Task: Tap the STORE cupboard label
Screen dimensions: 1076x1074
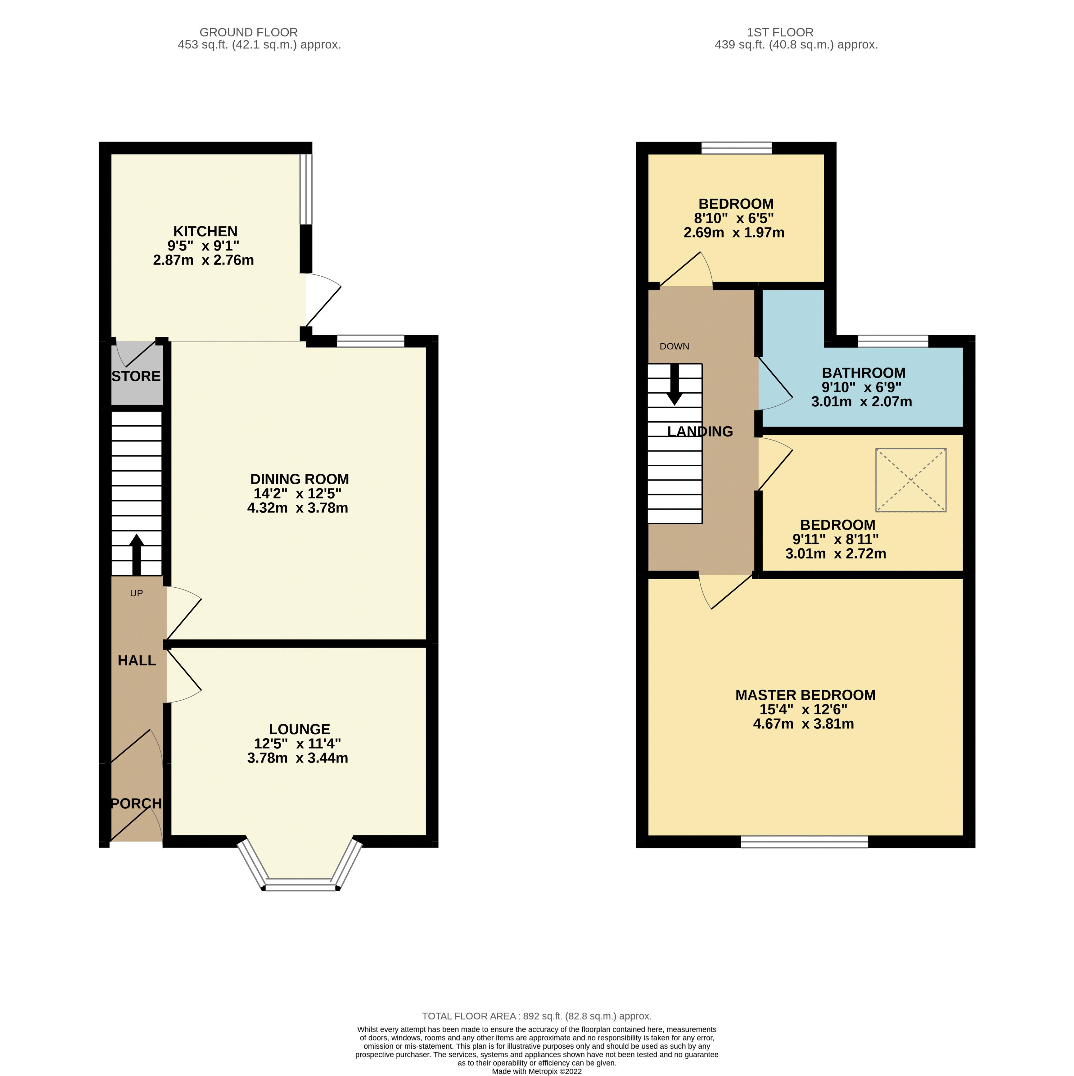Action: pos(136,377)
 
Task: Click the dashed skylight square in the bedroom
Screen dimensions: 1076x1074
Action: pos(910,480)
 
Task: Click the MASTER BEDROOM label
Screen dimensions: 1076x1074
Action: pos(805,695)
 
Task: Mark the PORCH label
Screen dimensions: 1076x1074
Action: pos(136,804)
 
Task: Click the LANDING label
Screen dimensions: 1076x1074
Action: pos(700,432)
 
